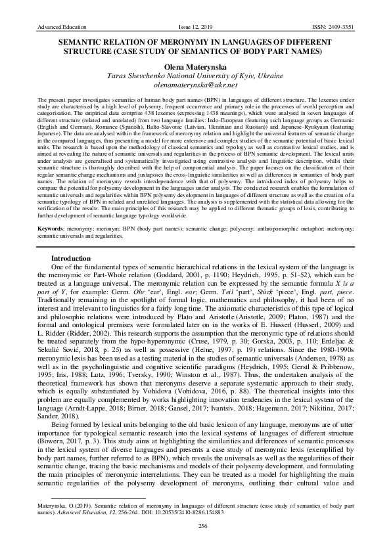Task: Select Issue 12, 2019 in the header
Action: tap(196, 26)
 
